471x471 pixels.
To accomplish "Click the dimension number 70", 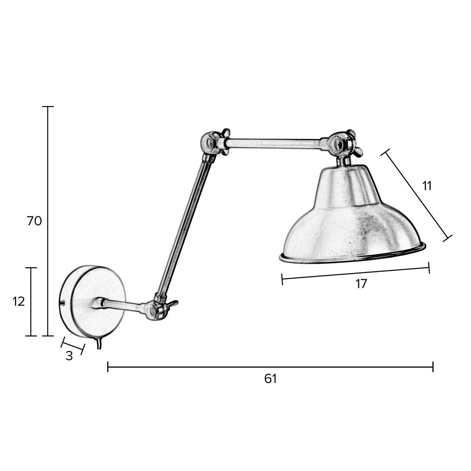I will pos(35,221).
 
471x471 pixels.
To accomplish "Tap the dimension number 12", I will pos(19,301).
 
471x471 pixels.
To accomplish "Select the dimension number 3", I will pos(69,356).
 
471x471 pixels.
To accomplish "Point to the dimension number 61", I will pos(270,379).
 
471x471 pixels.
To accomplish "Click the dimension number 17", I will pos(361,284).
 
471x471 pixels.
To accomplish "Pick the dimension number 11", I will pos(427,186).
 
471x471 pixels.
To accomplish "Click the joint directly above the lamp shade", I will pos(338,144).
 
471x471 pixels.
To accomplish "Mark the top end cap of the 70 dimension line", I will pos(48,107).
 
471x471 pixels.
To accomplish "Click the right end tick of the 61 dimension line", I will pos(433,367).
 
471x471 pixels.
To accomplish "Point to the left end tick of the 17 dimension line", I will pos(283,279).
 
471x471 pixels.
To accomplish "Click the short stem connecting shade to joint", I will pos(343,161).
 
